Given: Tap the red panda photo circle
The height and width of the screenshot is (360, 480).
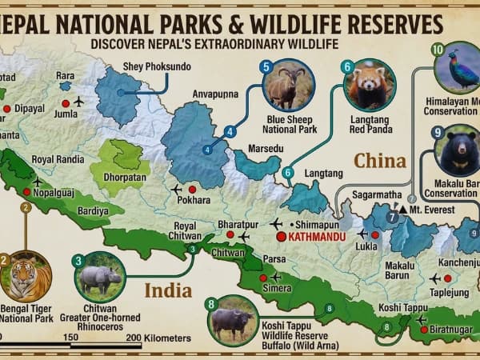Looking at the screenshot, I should (x=369, y=85).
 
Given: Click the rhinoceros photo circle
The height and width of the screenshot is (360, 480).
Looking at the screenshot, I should (x=99, y=277).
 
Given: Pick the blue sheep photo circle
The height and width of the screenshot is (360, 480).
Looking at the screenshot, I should (x=288, y=85).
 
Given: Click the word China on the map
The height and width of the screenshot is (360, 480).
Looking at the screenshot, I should (x=380, y=161).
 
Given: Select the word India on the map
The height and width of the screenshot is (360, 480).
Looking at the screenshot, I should (x=167, y=290).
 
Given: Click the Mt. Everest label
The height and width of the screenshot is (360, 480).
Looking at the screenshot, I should (x=432, y=210).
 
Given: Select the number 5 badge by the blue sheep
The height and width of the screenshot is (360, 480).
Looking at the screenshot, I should (x=266, y=67).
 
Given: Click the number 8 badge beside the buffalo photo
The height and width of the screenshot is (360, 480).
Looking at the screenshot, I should (x=211, y=303).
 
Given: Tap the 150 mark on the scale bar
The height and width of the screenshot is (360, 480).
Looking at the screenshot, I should (x=70, y=337).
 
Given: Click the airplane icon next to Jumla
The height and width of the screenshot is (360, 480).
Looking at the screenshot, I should (x=78, y=102).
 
